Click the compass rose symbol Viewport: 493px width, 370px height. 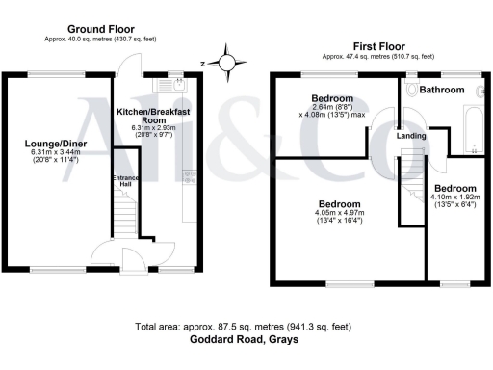coord(227,65)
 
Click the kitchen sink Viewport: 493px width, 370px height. coord(181,86)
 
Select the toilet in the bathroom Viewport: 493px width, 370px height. coord(412,90)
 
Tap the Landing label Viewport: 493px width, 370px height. coord(412,136)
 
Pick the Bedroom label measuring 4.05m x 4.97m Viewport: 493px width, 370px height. coord(341,205)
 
